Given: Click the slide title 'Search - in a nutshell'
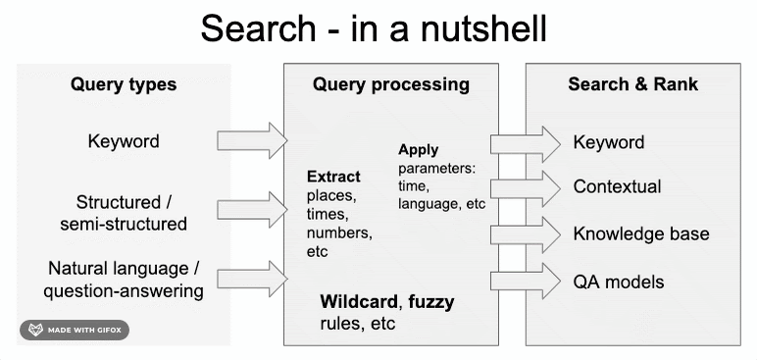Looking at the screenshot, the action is pyautogui.click(x=374, y=29).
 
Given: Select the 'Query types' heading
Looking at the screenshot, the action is pyautogui.click(x=124, y=85).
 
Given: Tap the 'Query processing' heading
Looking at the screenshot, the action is pyautogui.click(x=391, y=84).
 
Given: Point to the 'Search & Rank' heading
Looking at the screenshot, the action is pyautogui.click(x=632, y=84).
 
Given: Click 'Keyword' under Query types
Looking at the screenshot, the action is pyautogui.click(x=124, y=141).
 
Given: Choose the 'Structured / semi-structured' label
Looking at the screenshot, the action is pyautogui.click(x=124, y=213).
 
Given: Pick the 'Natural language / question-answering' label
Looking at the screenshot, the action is pyautogui.click(x=124, y=280).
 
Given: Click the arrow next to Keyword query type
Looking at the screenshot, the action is pyautogui.click(x=252, y=140).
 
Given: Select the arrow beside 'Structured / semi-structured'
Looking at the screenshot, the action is pyautogui.click(x=252, y=210).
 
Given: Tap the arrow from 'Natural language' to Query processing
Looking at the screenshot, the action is pyautogui.click(x=252, y=279).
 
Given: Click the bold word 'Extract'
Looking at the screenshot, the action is pyautogui.click(x=333, y=177).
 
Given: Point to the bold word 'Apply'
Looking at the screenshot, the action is pyautogui.click(x=418, y=150).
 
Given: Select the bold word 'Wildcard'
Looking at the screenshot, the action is pyautogui.click(x=360, y=302).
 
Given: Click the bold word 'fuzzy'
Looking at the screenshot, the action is pyautogui.click(x=431, y=303).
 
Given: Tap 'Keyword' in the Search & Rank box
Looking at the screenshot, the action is pyautogui.click(x=609, y=142).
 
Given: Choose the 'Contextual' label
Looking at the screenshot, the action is pyautogui.click(x=618, y=187).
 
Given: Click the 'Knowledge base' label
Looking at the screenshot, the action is pyautogui.click(x=641, y=233).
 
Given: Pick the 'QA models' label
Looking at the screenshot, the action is pyautogui.click(x=619, y=282).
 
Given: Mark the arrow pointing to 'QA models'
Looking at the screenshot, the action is pyautogui.click(x=526, y=282).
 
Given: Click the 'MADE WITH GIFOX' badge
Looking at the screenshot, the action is pyautogui.click(x=75, y=330).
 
